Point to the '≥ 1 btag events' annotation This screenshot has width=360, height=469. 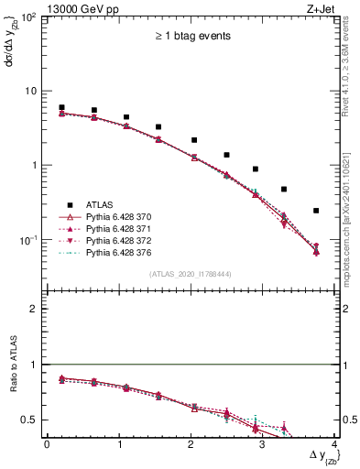[x=191, y=37]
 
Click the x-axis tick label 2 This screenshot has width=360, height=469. [x=191, y=443]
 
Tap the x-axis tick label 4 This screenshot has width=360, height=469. [x=334, y=443]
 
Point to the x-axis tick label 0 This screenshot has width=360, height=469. [x=47, y=443]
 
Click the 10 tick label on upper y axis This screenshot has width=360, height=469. [x=30, y=92]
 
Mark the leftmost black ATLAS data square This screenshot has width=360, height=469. [x=61, y=108]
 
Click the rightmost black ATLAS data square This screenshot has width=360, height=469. [x=316, y=211]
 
